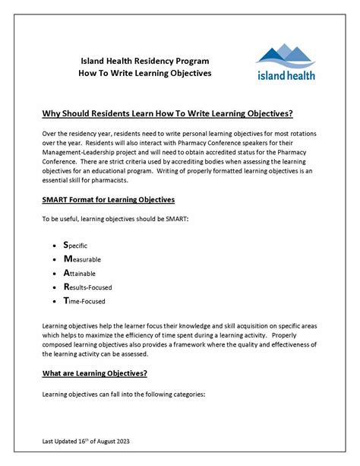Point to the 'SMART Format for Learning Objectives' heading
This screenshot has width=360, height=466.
point(109,199)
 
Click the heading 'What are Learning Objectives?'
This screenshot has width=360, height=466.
point(94,373)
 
